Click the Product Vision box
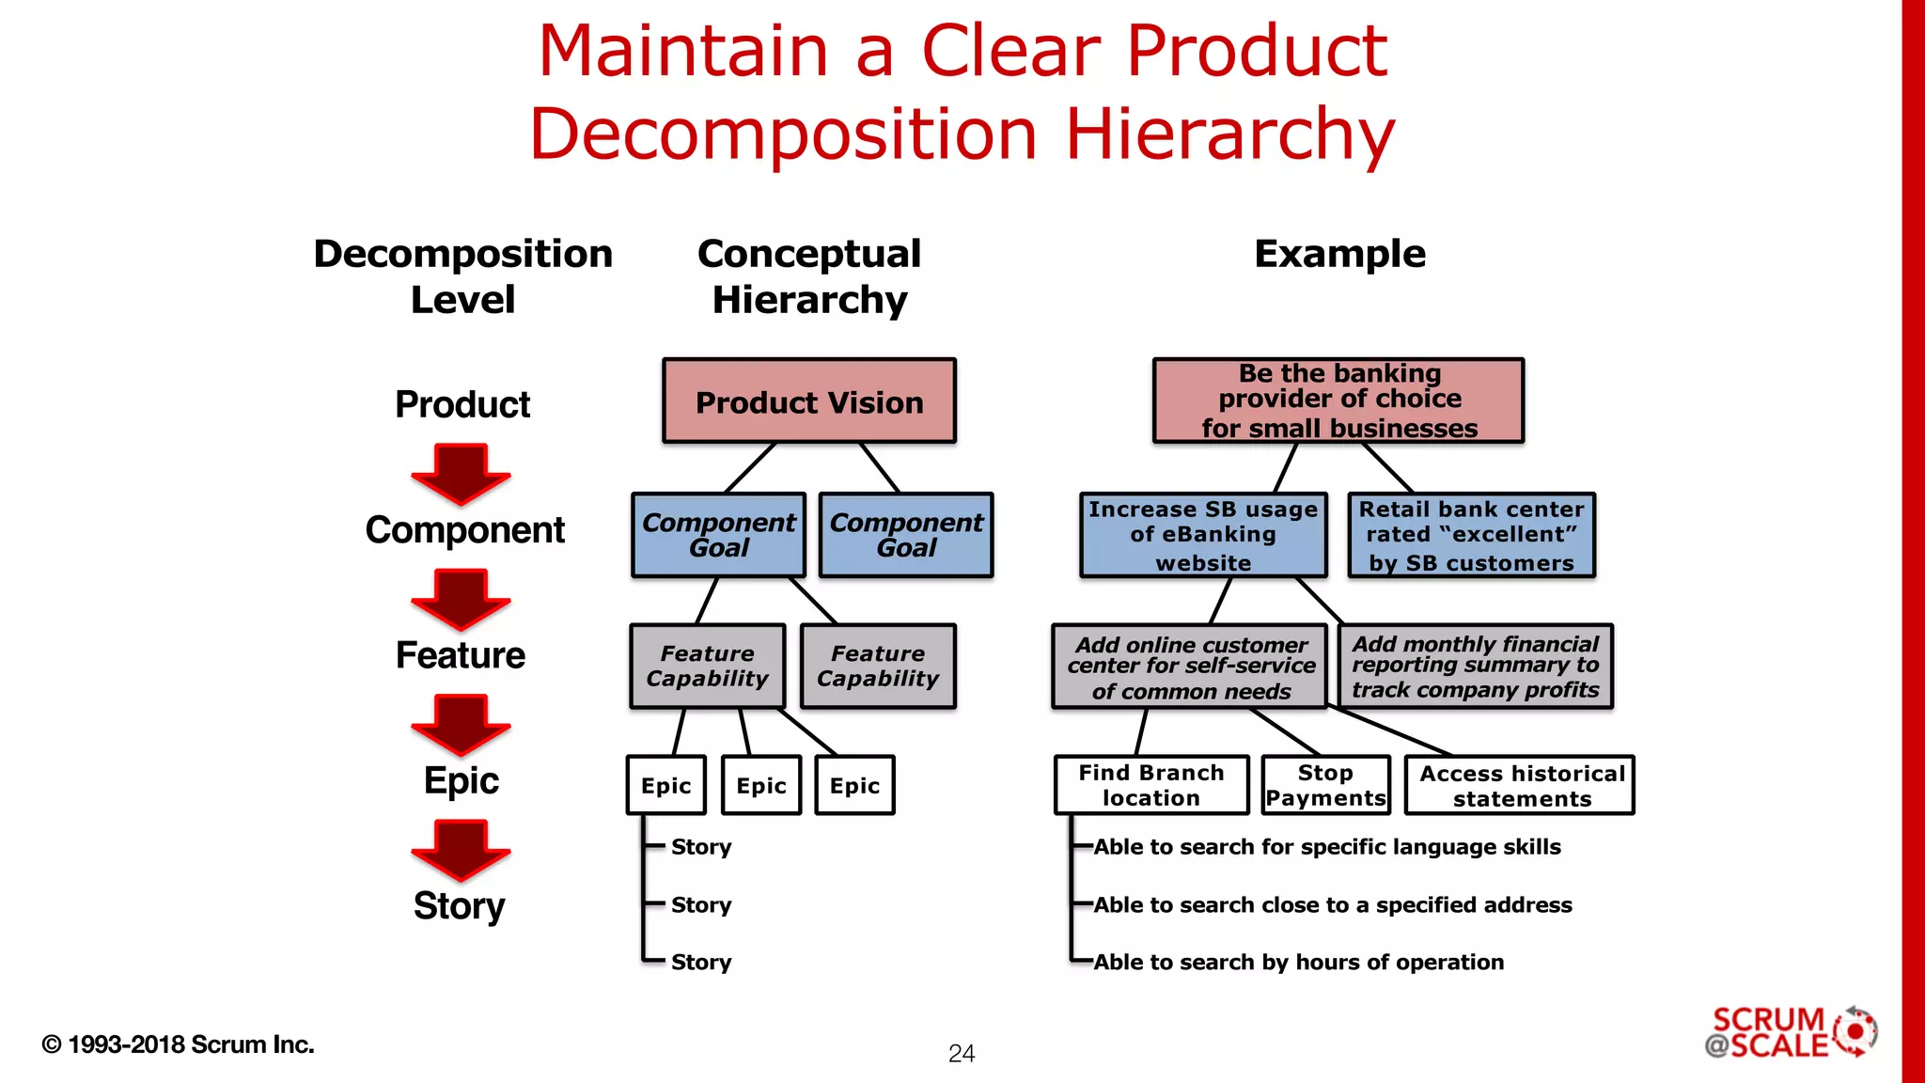[809, 401]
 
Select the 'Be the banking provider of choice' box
[1338, 400]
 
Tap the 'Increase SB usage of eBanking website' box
[1203, 535]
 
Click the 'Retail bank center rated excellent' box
[1471, 535]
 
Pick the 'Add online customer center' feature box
[1190, 667]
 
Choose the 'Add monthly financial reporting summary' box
[1475, 667]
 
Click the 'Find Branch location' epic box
[1151, 785]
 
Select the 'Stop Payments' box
[1325, 785]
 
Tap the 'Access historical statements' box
[1520, 785]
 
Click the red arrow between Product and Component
[461, 473]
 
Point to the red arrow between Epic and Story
[461, 849]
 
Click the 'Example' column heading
[1339, 254]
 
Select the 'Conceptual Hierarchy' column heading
[809, 276]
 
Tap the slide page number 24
[961, 1054]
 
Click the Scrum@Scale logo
[1790, 1033]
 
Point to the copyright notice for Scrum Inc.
[178, 1044]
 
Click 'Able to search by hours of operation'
[1298, 962]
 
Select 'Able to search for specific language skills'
[1326, 847]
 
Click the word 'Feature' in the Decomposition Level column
[460, 655]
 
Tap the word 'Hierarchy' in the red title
[1229, 133]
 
